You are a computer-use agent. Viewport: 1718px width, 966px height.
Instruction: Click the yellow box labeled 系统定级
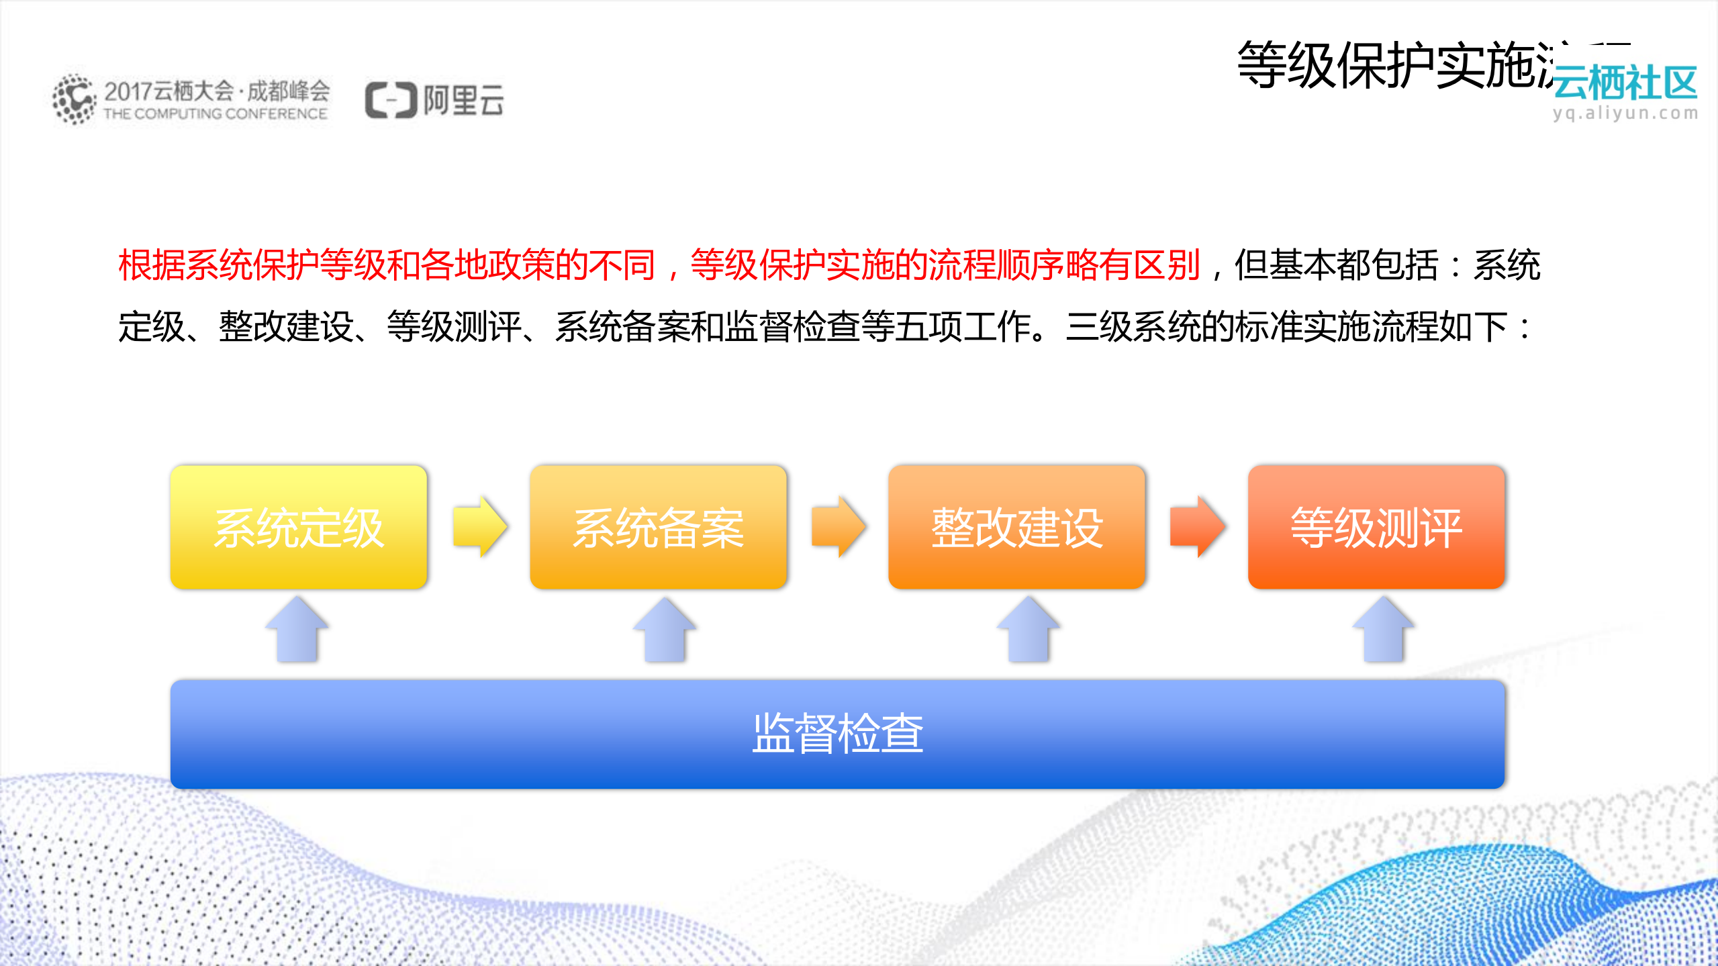pyautogui.click(x=298, y=527)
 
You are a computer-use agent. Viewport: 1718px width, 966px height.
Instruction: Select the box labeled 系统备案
pyautogui.click(x=658, y=527)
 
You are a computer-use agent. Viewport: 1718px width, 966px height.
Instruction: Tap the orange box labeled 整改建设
pyautogui.click(x=1016, y=527)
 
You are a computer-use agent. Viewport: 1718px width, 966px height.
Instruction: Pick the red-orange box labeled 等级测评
pyautogui.click(x=1376, y=527)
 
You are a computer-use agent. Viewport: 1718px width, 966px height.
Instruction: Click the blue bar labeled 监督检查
pyautogui.click(x=837, y=734)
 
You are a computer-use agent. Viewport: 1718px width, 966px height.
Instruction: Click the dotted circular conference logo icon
pyautogui.click(x=74, y=99)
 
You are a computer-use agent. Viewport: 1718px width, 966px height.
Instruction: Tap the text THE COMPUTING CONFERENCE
pyautogui.click(x=215, y=114)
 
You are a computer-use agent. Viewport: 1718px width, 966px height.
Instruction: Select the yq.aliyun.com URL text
pyautogui.click(x=1625, y=113)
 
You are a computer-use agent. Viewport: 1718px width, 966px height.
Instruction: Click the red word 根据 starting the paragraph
pyautogui.click(x=152, y=265)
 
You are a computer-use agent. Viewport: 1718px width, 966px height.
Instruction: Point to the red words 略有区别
pyautogui.click(x=1133, y=265)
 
